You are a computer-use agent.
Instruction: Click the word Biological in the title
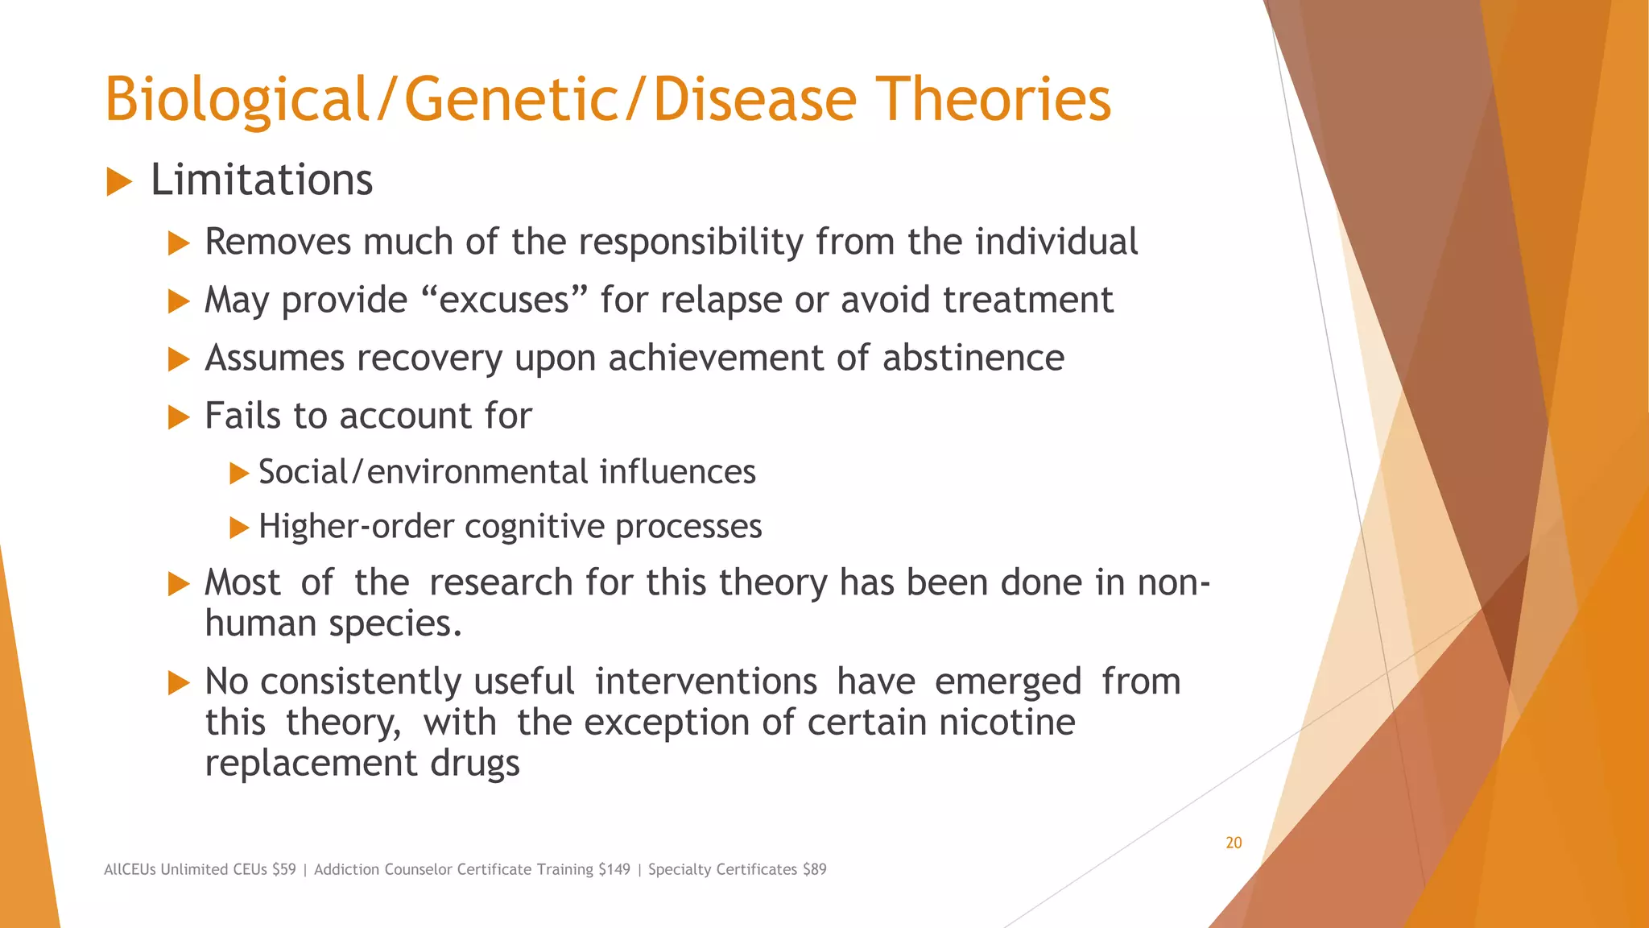[237, 100]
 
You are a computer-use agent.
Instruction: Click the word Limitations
[262, 180]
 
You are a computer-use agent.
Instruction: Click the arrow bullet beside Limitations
[119, 182]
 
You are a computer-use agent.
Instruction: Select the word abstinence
[973, 358]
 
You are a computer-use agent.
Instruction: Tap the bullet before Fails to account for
[179, 417]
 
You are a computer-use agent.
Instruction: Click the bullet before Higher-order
[239, 528]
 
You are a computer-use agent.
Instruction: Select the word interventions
[705, 682]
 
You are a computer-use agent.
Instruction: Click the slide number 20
[1234, 843]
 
